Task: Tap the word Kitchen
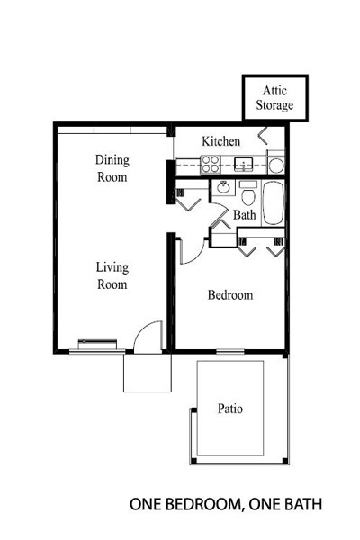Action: tap(220, 141)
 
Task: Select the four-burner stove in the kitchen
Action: tap(210, 164)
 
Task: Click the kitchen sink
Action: tap(242, 164)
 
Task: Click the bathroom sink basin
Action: tap(221, 189)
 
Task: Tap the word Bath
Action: tap(245, 216)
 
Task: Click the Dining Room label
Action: tap(112, 169)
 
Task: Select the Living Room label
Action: tap(112, 275)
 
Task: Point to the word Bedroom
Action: tap(229, 295)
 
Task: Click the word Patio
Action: tap(230, 409)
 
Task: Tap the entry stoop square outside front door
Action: tap(146, 372)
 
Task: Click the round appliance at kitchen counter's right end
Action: tap(276, 164)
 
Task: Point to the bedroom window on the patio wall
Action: tap(229, 350)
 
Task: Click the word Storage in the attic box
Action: tap(274, 105)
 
